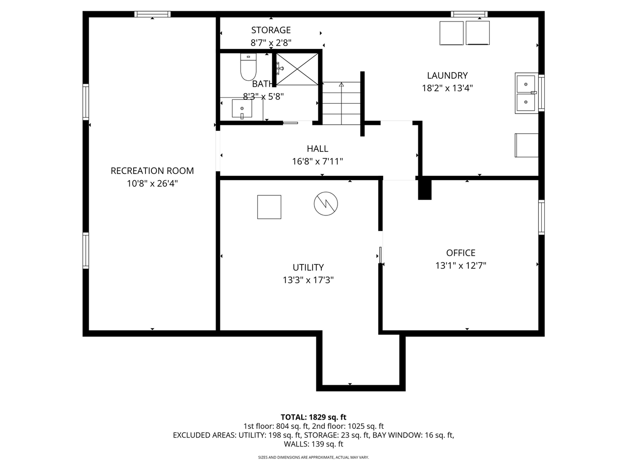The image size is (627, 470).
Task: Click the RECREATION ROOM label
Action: [152, 171]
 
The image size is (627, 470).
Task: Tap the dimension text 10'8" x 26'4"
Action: [152, 184]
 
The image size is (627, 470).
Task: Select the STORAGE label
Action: [271, 30]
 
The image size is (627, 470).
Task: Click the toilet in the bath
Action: [248, 68]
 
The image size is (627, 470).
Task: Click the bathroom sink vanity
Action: [242, 108]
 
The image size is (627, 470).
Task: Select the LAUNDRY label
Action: [447, 75]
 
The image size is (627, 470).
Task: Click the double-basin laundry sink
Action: [526, 93]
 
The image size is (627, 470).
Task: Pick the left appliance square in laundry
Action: [451, 33]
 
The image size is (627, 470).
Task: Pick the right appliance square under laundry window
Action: [478, 33]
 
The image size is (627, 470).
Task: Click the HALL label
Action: [317, 149]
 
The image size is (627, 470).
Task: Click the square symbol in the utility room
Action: [269, 207]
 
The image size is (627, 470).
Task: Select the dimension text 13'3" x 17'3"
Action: [308, 280]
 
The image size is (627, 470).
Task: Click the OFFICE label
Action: [460, 253]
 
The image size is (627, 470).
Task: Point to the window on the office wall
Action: [541, 217]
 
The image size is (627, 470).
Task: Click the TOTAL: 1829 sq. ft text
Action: [313, 417]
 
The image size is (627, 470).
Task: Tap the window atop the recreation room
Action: [153, 14]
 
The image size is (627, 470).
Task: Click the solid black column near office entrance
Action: [424, 189]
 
